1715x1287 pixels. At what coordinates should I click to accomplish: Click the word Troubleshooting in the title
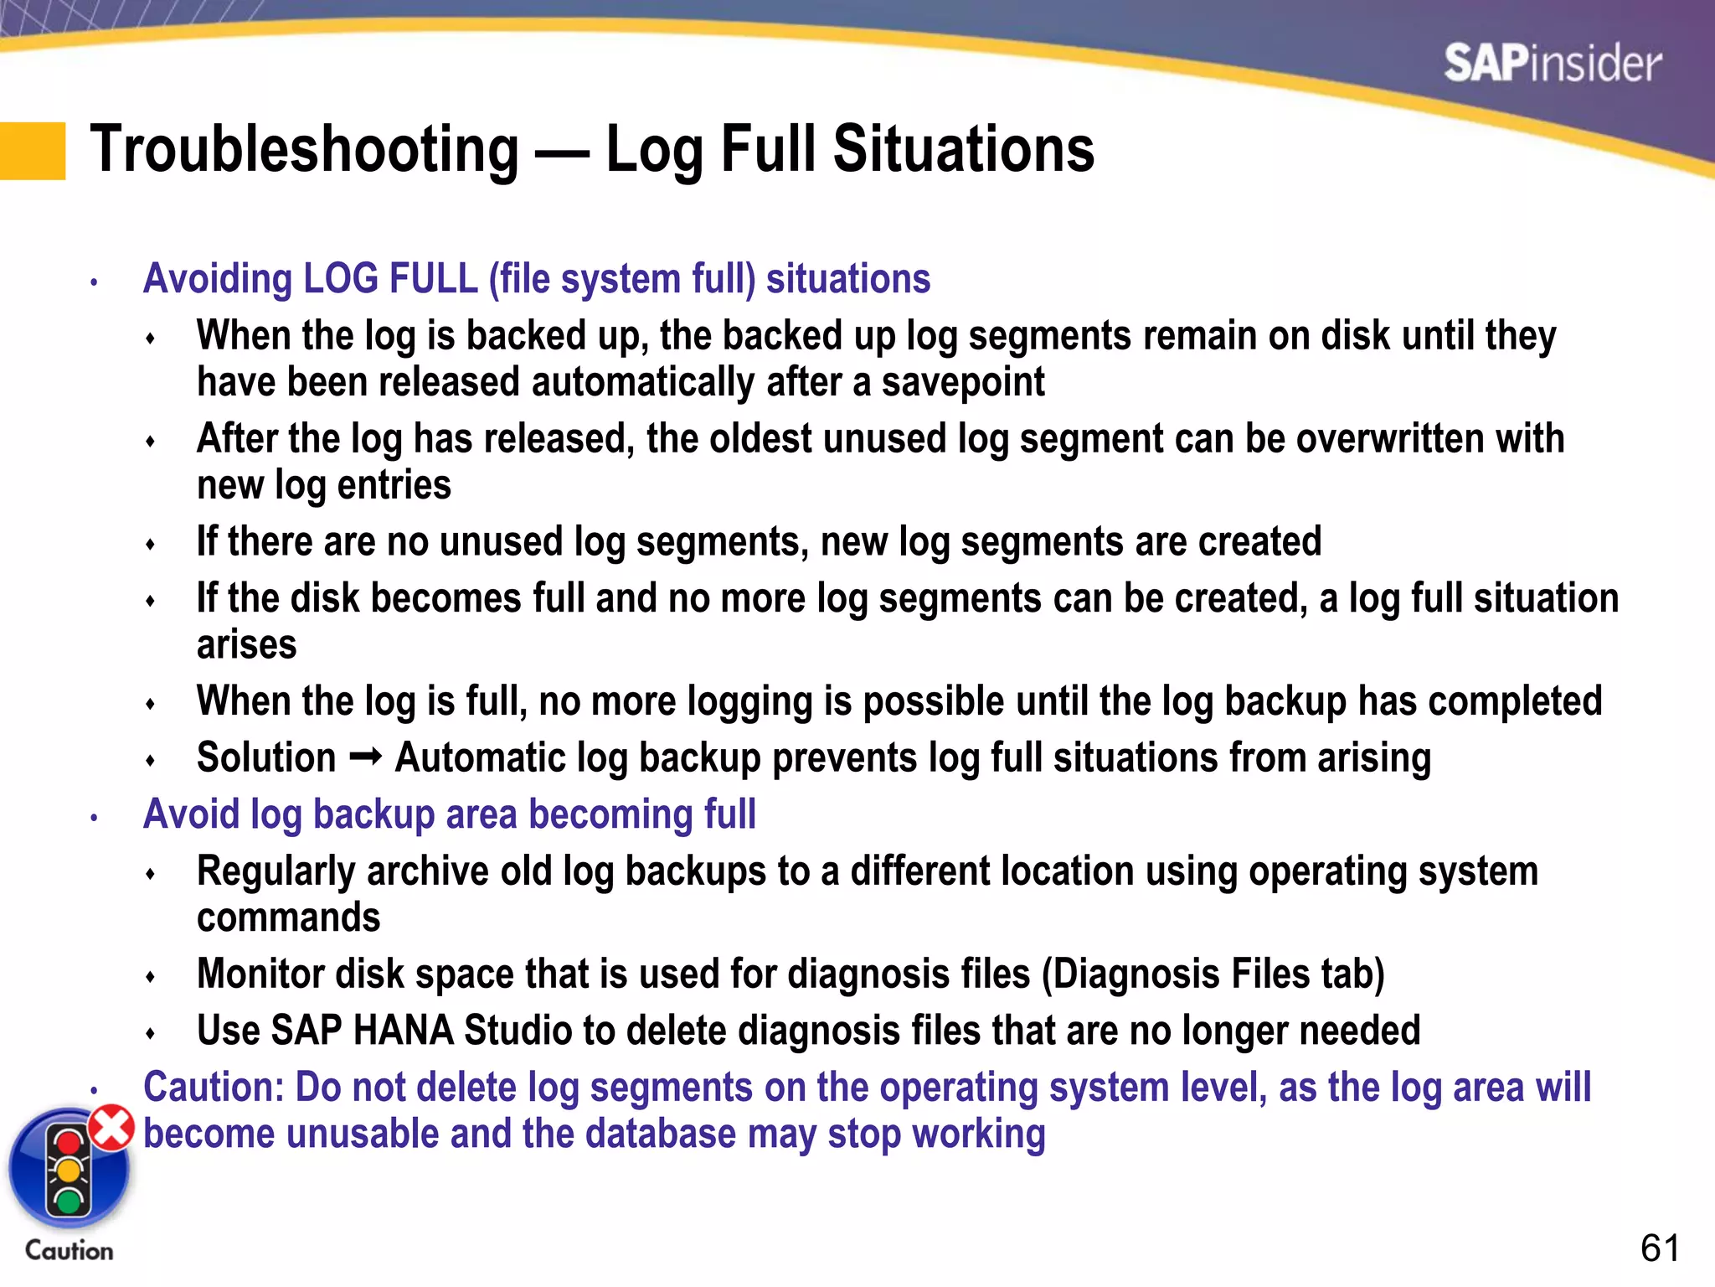tap(305, 149)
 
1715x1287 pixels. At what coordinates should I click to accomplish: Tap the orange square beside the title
tap(33, 151)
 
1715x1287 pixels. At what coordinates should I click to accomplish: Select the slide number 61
tap(1659, 1248)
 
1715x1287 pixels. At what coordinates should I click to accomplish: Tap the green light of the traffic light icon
tap(68, 1200)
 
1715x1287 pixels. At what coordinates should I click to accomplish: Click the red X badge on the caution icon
tap(112, 1127)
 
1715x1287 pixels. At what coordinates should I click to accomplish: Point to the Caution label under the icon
tap(69, 1250)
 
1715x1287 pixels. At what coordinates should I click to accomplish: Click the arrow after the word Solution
tap(365, 757)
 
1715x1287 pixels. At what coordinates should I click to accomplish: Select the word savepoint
tap(962, 382)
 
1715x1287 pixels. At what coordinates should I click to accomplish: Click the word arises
tap(246, 645)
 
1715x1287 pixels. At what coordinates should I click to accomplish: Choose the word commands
tap(288, 917)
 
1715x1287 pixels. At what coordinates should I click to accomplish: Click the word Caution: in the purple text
tap(214, 1088)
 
